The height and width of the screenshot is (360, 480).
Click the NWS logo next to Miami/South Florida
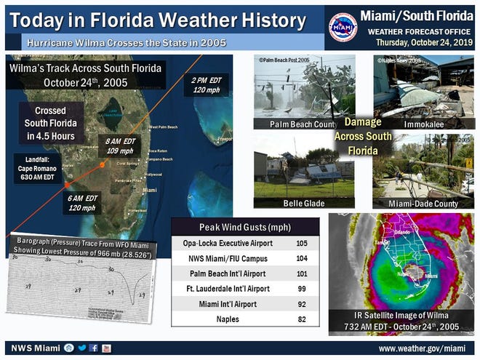point(343,27)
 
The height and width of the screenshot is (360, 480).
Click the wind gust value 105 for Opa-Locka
point(300,241)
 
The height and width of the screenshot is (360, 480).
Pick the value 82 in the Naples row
point(300,319)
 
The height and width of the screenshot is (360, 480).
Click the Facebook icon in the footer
point(93,348)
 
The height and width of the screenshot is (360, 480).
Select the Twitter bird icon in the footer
point(81,348)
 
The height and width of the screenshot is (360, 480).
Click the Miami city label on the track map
point(150,191)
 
